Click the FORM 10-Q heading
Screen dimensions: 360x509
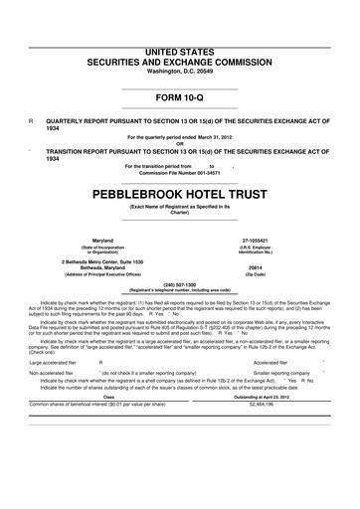(x=179, y=96)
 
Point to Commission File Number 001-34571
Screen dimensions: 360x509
(x=179, y=173)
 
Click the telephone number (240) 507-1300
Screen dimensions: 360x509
(x=179, y=282)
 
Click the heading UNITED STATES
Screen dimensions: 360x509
(x=179, y=50)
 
